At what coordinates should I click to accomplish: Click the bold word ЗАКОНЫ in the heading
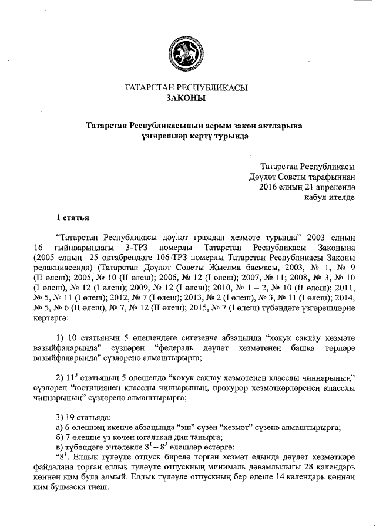(186, 99)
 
